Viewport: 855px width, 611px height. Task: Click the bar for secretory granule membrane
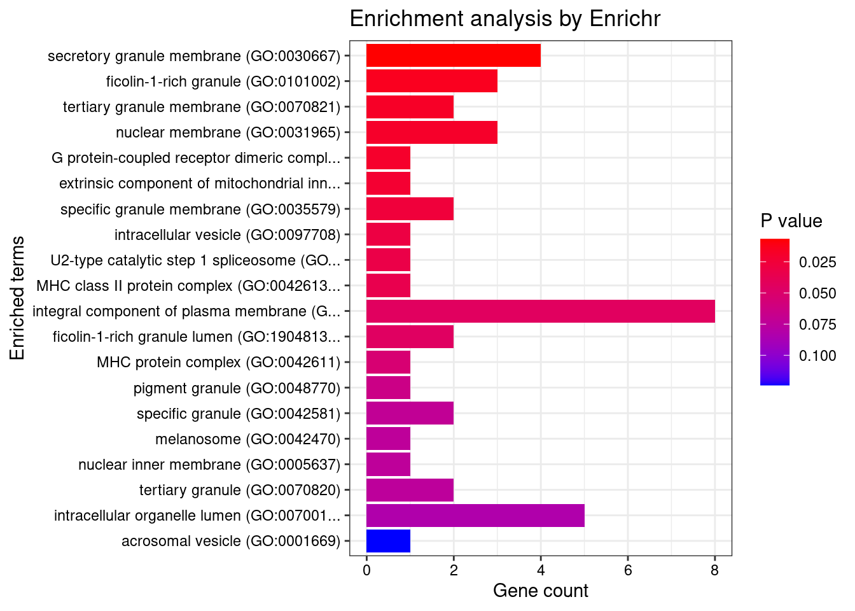[453, 56]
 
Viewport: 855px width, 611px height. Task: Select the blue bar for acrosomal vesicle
[388, 541]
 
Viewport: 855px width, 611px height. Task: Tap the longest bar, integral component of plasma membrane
[540, 311]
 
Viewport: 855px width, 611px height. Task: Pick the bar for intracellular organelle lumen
[475, 516]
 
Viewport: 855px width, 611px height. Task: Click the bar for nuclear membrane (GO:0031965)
[431, 132]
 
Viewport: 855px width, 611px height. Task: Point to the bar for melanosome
[388, 439]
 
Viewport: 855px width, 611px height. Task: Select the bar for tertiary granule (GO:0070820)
[410, 490]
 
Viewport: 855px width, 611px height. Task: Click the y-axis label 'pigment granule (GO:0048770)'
[237, 388]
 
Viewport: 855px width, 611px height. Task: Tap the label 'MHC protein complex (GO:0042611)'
[218, 362]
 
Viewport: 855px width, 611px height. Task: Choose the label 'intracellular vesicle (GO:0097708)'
[227, 235]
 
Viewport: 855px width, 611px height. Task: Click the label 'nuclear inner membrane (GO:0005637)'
[209, 465]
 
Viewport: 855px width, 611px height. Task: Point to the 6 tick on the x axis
[627, 570]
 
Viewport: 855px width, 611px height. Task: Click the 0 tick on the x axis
[366, 570]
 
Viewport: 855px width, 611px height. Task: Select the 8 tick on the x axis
[714, 570]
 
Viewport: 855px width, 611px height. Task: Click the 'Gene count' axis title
[540, 591]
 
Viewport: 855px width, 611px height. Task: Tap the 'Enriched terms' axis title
[18, 298]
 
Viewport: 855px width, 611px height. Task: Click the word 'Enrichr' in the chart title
[625, 19]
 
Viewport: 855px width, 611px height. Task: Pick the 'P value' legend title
[791, 221]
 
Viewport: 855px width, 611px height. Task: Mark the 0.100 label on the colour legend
[817, 356]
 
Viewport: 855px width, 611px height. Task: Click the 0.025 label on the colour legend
[817, 262]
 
